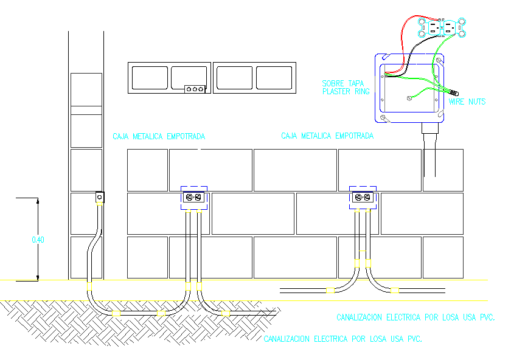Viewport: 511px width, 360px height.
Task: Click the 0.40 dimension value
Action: (x=38, y=240)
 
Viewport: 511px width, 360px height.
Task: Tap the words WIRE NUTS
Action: (x=467, y=102)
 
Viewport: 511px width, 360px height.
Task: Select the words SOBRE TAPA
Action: (x=343, y=83)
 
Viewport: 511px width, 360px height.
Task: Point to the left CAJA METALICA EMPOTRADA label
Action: (x=159, y=136)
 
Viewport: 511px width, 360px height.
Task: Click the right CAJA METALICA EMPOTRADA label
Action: (x=327, y=136)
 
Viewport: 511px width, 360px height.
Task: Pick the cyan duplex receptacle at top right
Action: (x=441, y=27)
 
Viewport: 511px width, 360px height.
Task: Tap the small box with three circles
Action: (x=195, y=89)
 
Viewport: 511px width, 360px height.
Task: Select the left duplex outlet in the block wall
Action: (x=194, y=197)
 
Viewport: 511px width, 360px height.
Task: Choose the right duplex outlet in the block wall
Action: (x=363, y=197)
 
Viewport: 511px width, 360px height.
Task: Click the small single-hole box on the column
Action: (x=99, y=197)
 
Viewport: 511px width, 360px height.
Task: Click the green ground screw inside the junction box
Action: (x=408, y=97)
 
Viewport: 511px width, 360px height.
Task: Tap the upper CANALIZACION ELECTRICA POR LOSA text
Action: (x=415, y=317)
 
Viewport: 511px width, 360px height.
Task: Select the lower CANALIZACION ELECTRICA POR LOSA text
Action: (x=342, y=339)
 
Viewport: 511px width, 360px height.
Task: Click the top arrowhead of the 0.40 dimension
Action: (x=38, y=201)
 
